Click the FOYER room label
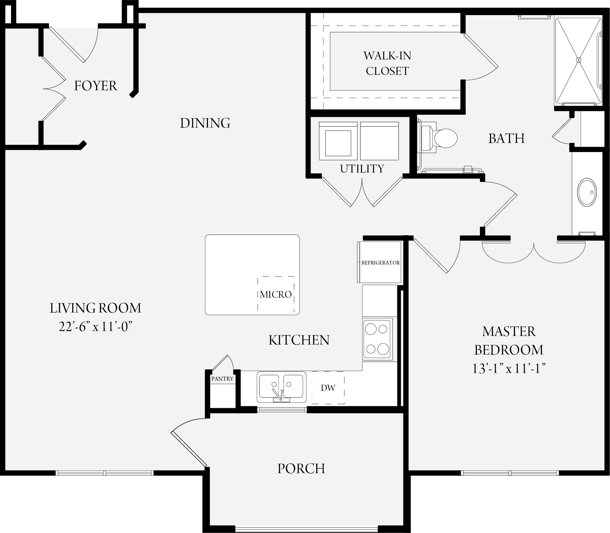coord(96,86)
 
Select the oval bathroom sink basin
coord(587,192)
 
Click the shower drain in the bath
coord(579,60)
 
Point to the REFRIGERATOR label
coord(380,263)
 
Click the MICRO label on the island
coord(276,294)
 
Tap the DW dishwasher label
coord(328,388)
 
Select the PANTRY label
coord(222,379)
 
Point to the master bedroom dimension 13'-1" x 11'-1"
coord(509,368)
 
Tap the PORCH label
coord(301,469)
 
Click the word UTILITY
coord(362,169)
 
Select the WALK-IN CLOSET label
coord(387,63)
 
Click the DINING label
coord(205,123)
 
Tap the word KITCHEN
coord(299,340)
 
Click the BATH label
coord(507,138)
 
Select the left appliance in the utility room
coord(338,141)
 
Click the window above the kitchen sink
coord(282,409)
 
